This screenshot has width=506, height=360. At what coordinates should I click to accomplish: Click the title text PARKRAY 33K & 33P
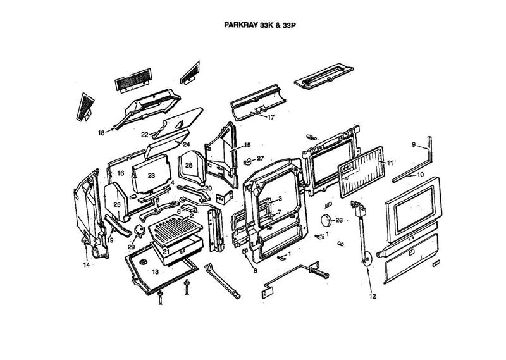coord(260,27)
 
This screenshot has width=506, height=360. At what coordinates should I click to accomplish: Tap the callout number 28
coord(339,221)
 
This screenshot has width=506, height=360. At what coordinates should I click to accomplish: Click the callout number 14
coord(86,265)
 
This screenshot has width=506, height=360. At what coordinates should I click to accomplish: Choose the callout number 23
coord(151,175)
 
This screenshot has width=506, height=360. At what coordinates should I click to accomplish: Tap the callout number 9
coord(414,145)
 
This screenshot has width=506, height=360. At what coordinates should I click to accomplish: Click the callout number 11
coord(390,163)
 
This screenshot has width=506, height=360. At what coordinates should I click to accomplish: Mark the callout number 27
coord(260,158)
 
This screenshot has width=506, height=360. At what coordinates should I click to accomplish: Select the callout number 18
coord(101,133)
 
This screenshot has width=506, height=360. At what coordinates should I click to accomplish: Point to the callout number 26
coord(188,165)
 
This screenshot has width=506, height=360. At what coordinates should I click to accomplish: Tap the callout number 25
coord(116,204)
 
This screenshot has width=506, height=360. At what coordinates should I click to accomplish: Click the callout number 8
coord(256,270)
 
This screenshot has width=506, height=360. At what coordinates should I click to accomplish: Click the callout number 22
coord(145,135)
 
